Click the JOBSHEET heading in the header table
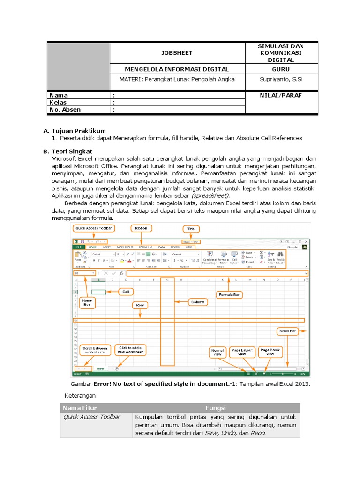tap(177, 53)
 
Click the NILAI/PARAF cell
tap(281, 95)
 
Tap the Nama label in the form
tap(59, 95)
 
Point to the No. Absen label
tap(65, 110)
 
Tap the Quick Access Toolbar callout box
tap(94, 229)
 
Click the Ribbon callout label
tap(141, 229)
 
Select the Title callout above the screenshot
tap(191, 229)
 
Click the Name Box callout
tap(87, 302)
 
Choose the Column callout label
tap(198, 302)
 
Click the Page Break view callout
tap(270, 352)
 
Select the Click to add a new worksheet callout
tap(131, 350)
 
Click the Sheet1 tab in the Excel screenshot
tap(101, 369)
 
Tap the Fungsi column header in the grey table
tap(216, 408)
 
